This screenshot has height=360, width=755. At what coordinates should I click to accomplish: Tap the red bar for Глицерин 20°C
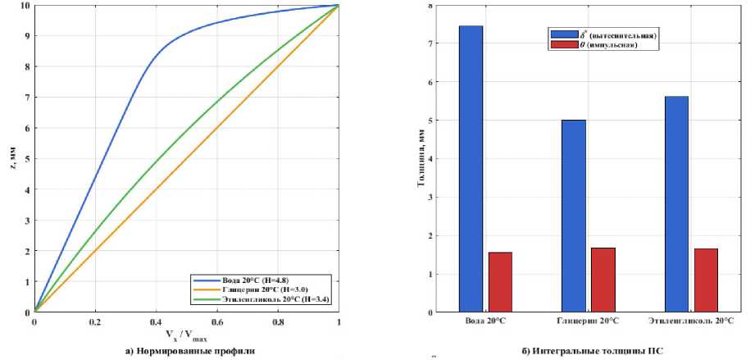pos(603,280)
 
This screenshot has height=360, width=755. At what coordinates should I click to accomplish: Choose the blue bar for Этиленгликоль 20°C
pos(676,204)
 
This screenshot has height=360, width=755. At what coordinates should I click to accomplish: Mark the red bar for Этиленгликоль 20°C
pos(705,280)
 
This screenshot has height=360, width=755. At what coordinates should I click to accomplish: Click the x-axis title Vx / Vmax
pos(186,337)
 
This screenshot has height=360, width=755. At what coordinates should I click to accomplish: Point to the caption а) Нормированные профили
pos(186,350)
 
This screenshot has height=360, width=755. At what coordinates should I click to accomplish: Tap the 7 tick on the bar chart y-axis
pos(433,43)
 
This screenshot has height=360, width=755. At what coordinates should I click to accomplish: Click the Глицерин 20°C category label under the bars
pos(588,321)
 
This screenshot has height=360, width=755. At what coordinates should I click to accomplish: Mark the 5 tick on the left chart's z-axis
pos(26,159)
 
